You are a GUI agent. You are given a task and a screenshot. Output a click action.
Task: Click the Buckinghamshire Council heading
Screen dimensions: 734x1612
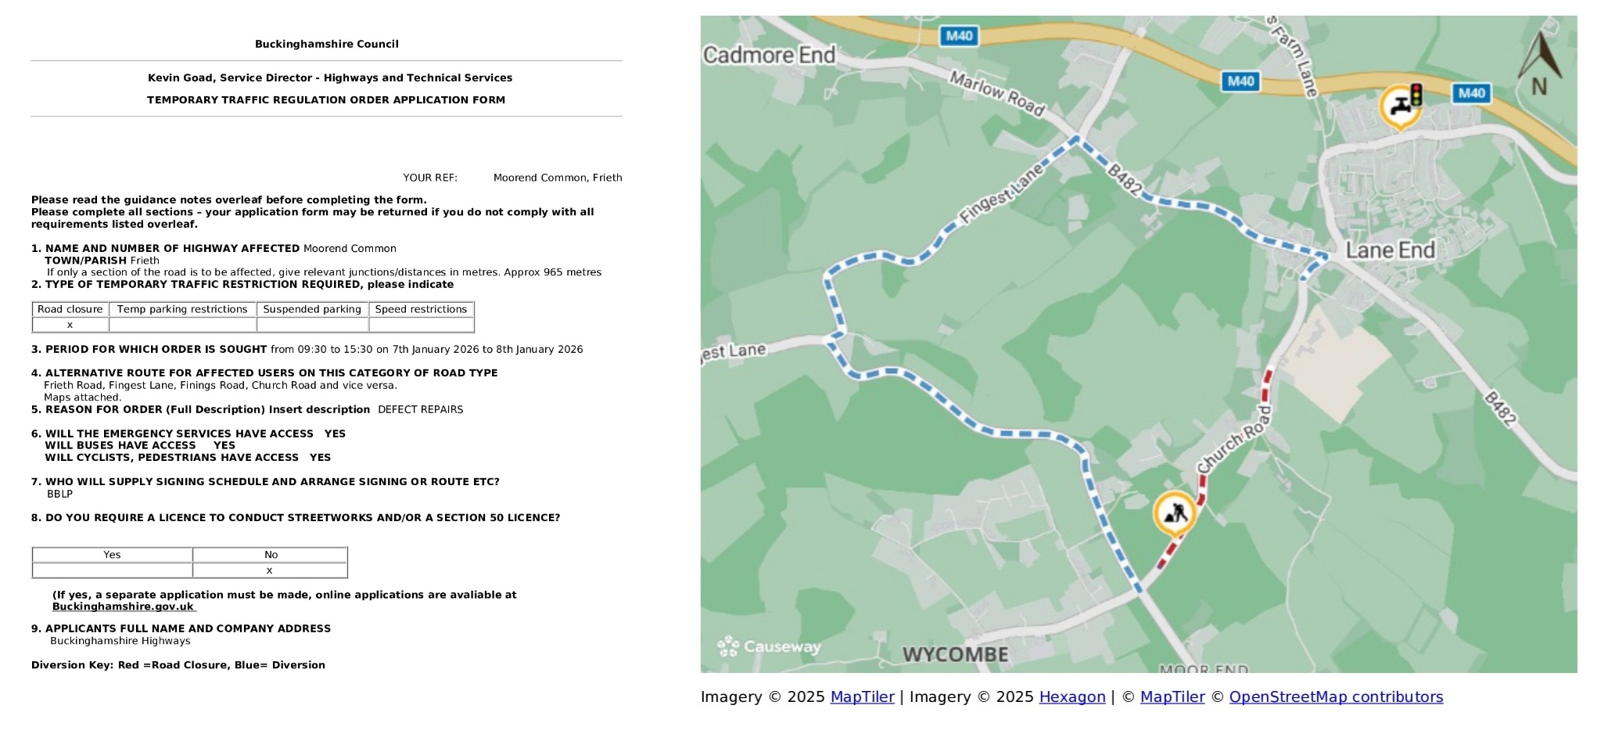coord(326,45)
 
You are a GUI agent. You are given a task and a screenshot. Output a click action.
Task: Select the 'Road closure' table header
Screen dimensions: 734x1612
coord(70,309)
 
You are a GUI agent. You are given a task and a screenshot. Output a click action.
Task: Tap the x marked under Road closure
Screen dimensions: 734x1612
coord(70,325)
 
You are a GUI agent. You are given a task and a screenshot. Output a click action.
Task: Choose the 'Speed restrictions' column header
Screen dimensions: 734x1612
coord(421,309)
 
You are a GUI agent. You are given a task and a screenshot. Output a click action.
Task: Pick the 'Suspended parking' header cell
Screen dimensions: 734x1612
coord(312,309)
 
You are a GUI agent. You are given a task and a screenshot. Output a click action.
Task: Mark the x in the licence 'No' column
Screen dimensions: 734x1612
coord(269,570)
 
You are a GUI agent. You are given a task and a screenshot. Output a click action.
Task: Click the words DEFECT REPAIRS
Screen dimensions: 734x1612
coord(420,409)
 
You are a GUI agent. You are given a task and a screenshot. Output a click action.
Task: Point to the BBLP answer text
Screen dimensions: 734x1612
coord(59,494)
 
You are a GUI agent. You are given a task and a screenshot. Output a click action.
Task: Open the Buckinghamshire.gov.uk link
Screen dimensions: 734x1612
coord(123,606)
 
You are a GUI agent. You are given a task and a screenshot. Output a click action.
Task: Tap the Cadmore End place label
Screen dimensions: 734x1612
coord(769,56)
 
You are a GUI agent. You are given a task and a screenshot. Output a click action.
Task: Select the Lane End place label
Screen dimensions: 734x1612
coord(1390,250)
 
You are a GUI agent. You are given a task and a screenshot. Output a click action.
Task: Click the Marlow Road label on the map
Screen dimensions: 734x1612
coord(996,93)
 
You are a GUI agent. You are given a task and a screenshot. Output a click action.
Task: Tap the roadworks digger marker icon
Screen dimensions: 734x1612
coord(1175,513)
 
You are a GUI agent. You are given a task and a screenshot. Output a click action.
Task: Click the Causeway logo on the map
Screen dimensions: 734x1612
coord(769,646)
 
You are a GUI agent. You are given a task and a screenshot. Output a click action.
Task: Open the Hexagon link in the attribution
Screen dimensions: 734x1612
coord(1072,697)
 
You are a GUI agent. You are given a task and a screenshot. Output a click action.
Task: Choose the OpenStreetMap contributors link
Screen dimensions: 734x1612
coord(1335,697)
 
